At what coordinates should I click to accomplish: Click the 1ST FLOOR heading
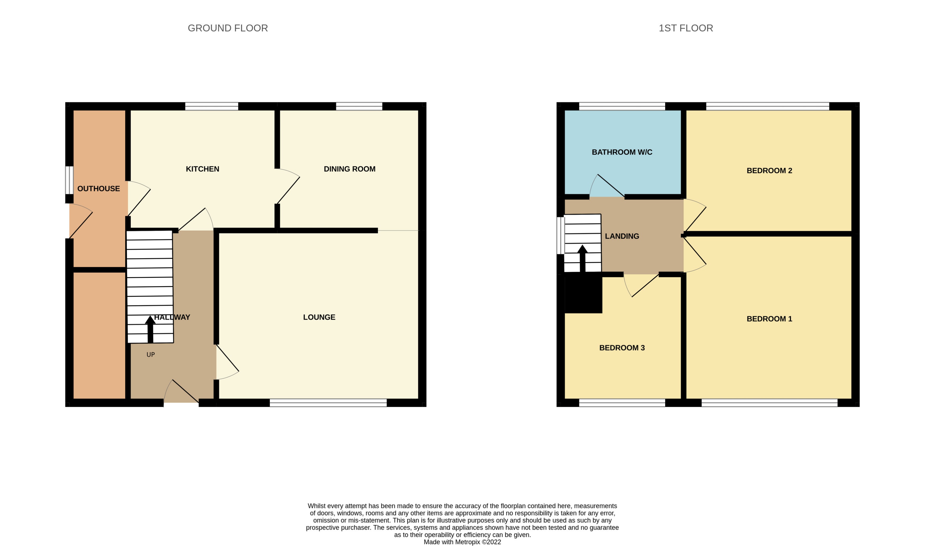tap(686, 28)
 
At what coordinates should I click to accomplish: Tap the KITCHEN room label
tap(202, 169)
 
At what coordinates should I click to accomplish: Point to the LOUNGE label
tap(319, 317)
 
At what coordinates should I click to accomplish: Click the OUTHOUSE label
tap(98, 189)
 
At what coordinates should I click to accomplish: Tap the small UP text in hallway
tap(150, 355)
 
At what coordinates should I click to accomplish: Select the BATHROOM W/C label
tap(622, 152)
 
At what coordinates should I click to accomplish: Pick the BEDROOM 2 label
tap(769, 171)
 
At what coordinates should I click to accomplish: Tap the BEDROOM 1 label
tap(769, 319)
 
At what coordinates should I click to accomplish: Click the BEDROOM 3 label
tap(622, 348)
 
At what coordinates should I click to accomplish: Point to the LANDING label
tap(622, 236)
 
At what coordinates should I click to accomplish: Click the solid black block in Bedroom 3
tap(583, 295)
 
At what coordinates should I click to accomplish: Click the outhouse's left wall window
tap(69, 180)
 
